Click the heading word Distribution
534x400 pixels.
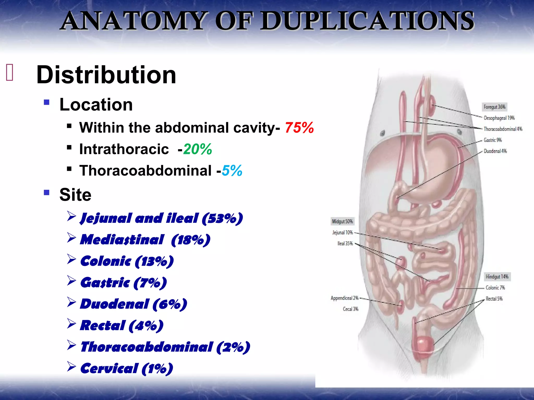pos(106,75)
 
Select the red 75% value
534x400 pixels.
pos(299,128)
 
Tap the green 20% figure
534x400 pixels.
pos(197,149)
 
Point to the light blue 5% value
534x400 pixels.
pos(232,171)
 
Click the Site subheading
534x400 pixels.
pos(75,195)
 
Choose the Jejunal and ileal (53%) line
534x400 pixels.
pos(161,218)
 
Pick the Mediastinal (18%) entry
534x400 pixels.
pos(145,240)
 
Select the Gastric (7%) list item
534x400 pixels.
pos(124,283)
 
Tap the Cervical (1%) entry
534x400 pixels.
pos(127,368)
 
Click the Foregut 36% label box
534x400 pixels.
pos(494,107)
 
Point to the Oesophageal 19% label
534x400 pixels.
pos(499,118)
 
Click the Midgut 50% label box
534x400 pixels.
pos(342,221)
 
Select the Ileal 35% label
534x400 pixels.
pos(345,243)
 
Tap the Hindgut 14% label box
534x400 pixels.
pos(497,277)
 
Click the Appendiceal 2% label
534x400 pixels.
pos(344,298)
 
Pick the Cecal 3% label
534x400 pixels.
pos(350,309)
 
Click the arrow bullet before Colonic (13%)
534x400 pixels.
pos(71,259)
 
